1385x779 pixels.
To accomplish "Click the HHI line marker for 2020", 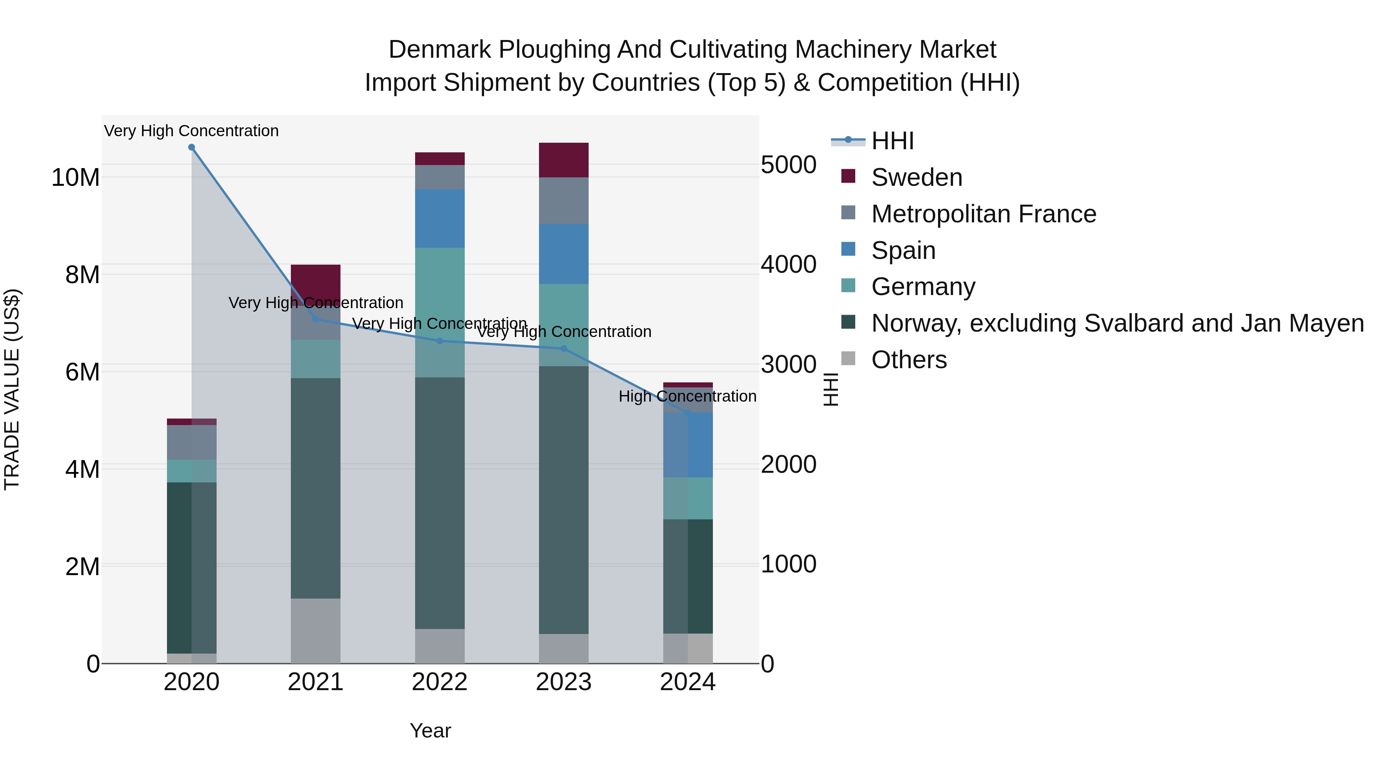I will click(192, 147).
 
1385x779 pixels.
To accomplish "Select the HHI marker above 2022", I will click(439, 341).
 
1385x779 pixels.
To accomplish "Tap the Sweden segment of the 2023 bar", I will click(564, 160).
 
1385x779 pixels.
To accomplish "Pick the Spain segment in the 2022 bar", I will click(439, 218).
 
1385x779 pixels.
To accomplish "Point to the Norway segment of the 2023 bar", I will click(564, 500).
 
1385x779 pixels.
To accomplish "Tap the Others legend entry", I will click(909, 360).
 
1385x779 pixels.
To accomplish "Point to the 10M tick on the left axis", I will click(75, 177).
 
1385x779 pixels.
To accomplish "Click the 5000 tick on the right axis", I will click(788, 165).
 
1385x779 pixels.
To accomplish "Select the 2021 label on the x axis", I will click(315, 682).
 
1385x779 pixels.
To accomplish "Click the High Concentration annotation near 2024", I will click(687, 396).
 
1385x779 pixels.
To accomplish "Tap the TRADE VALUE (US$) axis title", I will click(12, 389).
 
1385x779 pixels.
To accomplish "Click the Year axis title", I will click(430, 731).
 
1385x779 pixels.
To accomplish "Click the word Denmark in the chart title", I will click(439, 50).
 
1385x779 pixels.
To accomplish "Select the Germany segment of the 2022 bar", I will click(439, 312).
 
